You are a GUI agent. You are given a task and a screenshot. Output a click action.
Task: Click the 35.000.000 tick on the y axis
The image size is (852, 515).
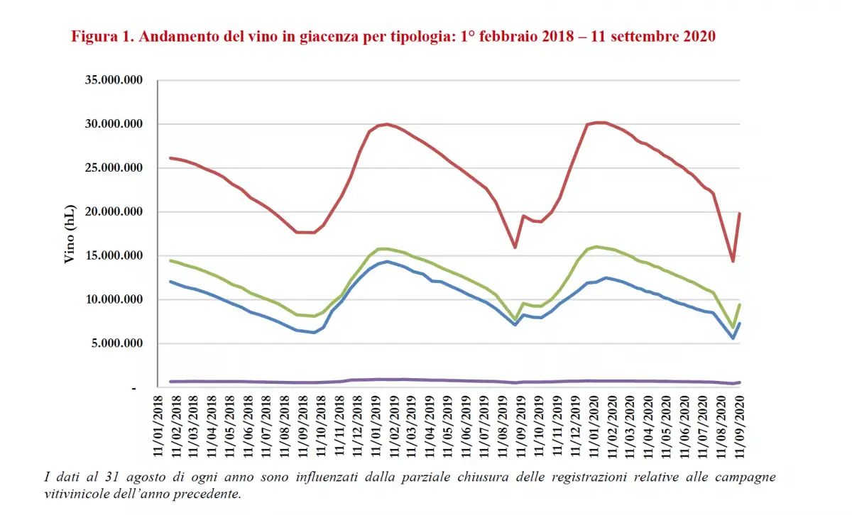(114, 80)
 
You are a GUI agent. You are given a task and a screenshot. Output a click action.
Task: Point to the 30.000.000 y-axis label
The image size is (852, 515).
(114, 124)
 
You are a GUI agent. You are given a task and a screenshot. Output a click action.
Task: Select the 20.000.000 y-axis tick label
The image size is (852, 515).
(114, 212)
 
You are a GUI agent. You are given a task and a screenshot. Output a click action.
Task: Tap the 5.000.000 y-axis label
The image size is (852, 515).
(117, 344)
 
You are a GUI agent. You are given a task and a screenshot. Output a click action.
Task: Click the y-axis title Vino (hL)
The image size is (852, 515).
(70, 234)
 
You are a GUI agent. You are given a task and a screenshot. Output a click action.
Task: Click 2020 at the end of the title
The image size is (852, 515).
(699, 36)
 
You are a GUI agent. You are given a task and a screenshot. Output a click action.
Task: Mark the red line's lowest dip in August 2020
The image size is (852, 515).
(733, 261)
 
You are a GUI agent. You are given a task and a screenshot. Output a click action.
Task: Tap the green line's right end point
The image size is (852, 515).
(740, 304)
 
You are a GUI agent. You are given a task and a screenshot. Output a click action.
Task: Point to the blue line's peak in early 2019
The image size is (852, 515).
(387, 261)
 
